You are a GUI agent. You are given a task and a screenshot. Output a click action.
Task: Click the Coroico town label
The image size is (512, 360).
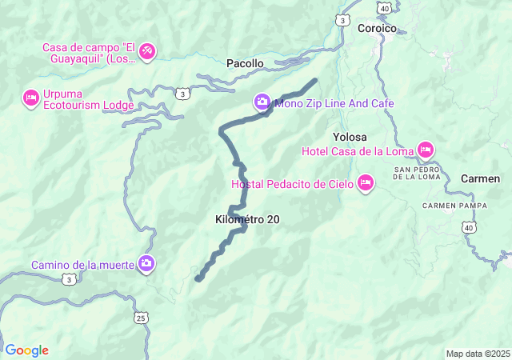[x=377, y=28]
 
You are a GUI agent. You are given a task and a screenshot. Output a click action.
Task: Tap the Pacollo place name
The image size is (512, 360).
[x=245, y=63]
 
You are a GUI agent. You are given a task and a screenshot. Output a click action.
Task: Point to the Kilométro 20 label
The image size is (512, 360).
[x=247, y=219]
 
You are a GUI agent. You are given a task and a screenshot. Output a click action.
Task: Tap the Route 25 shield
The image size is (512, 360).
[x=141, y=318]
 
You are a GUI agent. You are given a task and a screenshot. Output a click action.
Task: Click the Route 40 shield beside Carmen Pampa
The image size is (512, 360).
[x=467, y=228]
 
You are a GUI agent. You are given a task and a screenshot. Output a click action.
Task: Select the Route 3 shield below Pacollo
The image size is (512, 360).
[x=185, y=94]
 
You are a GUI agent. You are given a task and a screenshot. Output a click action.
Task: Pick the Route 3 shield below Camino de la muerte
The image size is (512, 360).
[x=70, y=279]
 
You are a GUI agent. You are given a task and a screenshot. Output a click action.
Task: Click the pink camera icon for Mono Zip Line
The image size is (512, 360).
[x=262, y=102]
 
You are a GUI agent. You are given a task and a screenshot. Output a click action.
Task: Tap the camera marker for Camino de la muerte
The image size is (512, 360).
[x=146, y=263]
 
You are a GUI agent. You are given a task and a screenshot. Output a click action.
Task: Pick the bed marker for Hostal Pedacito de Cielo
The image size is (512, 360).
[x=366, y=183]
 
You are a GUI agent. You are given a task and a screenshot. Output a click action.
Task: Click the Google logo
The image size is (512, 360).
[x=26, y=350]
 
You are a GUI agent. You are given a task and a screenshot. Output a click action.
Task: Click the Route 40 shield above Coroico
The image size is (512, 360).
[x=386, y=8]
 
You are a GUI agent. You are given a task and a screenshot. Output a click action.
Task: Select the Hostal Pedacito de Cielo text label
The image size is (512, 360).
[x=294, y=184]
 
